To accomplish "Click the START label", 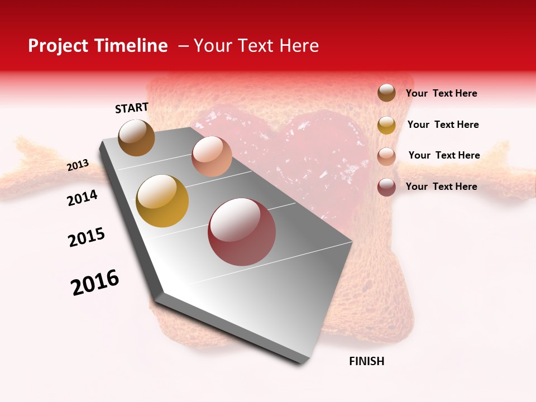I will coord(132,108).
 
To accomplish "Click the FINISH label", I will coord(366,361).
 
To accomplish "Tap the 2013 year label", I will coord(78,165).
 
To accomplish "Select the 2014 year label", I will coord(83,198).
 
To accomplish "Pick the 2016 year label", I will coord(95,283).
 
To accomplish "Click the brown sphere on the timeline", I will coord(136,137).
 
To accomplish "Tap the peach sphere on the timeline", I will coord(212,156).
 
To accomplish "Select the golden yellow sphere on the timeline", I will coord(162,201).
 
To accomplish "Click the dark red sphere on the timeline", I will coord(242,232).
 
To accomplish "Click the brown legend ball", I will coord(386,93).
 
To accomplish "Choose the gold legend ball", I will coord(386,125).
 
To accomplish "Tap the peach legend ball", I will coord(386,156).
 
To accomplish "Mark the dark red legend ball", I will coord(386,187).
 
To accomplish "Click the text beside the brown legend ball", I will coord(441,94).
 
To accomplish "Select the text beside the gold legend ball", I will coord(443,125).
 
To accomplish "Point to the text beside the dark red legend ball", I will coord(441,186).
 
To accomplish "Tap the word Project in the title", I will coord(59,46).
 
